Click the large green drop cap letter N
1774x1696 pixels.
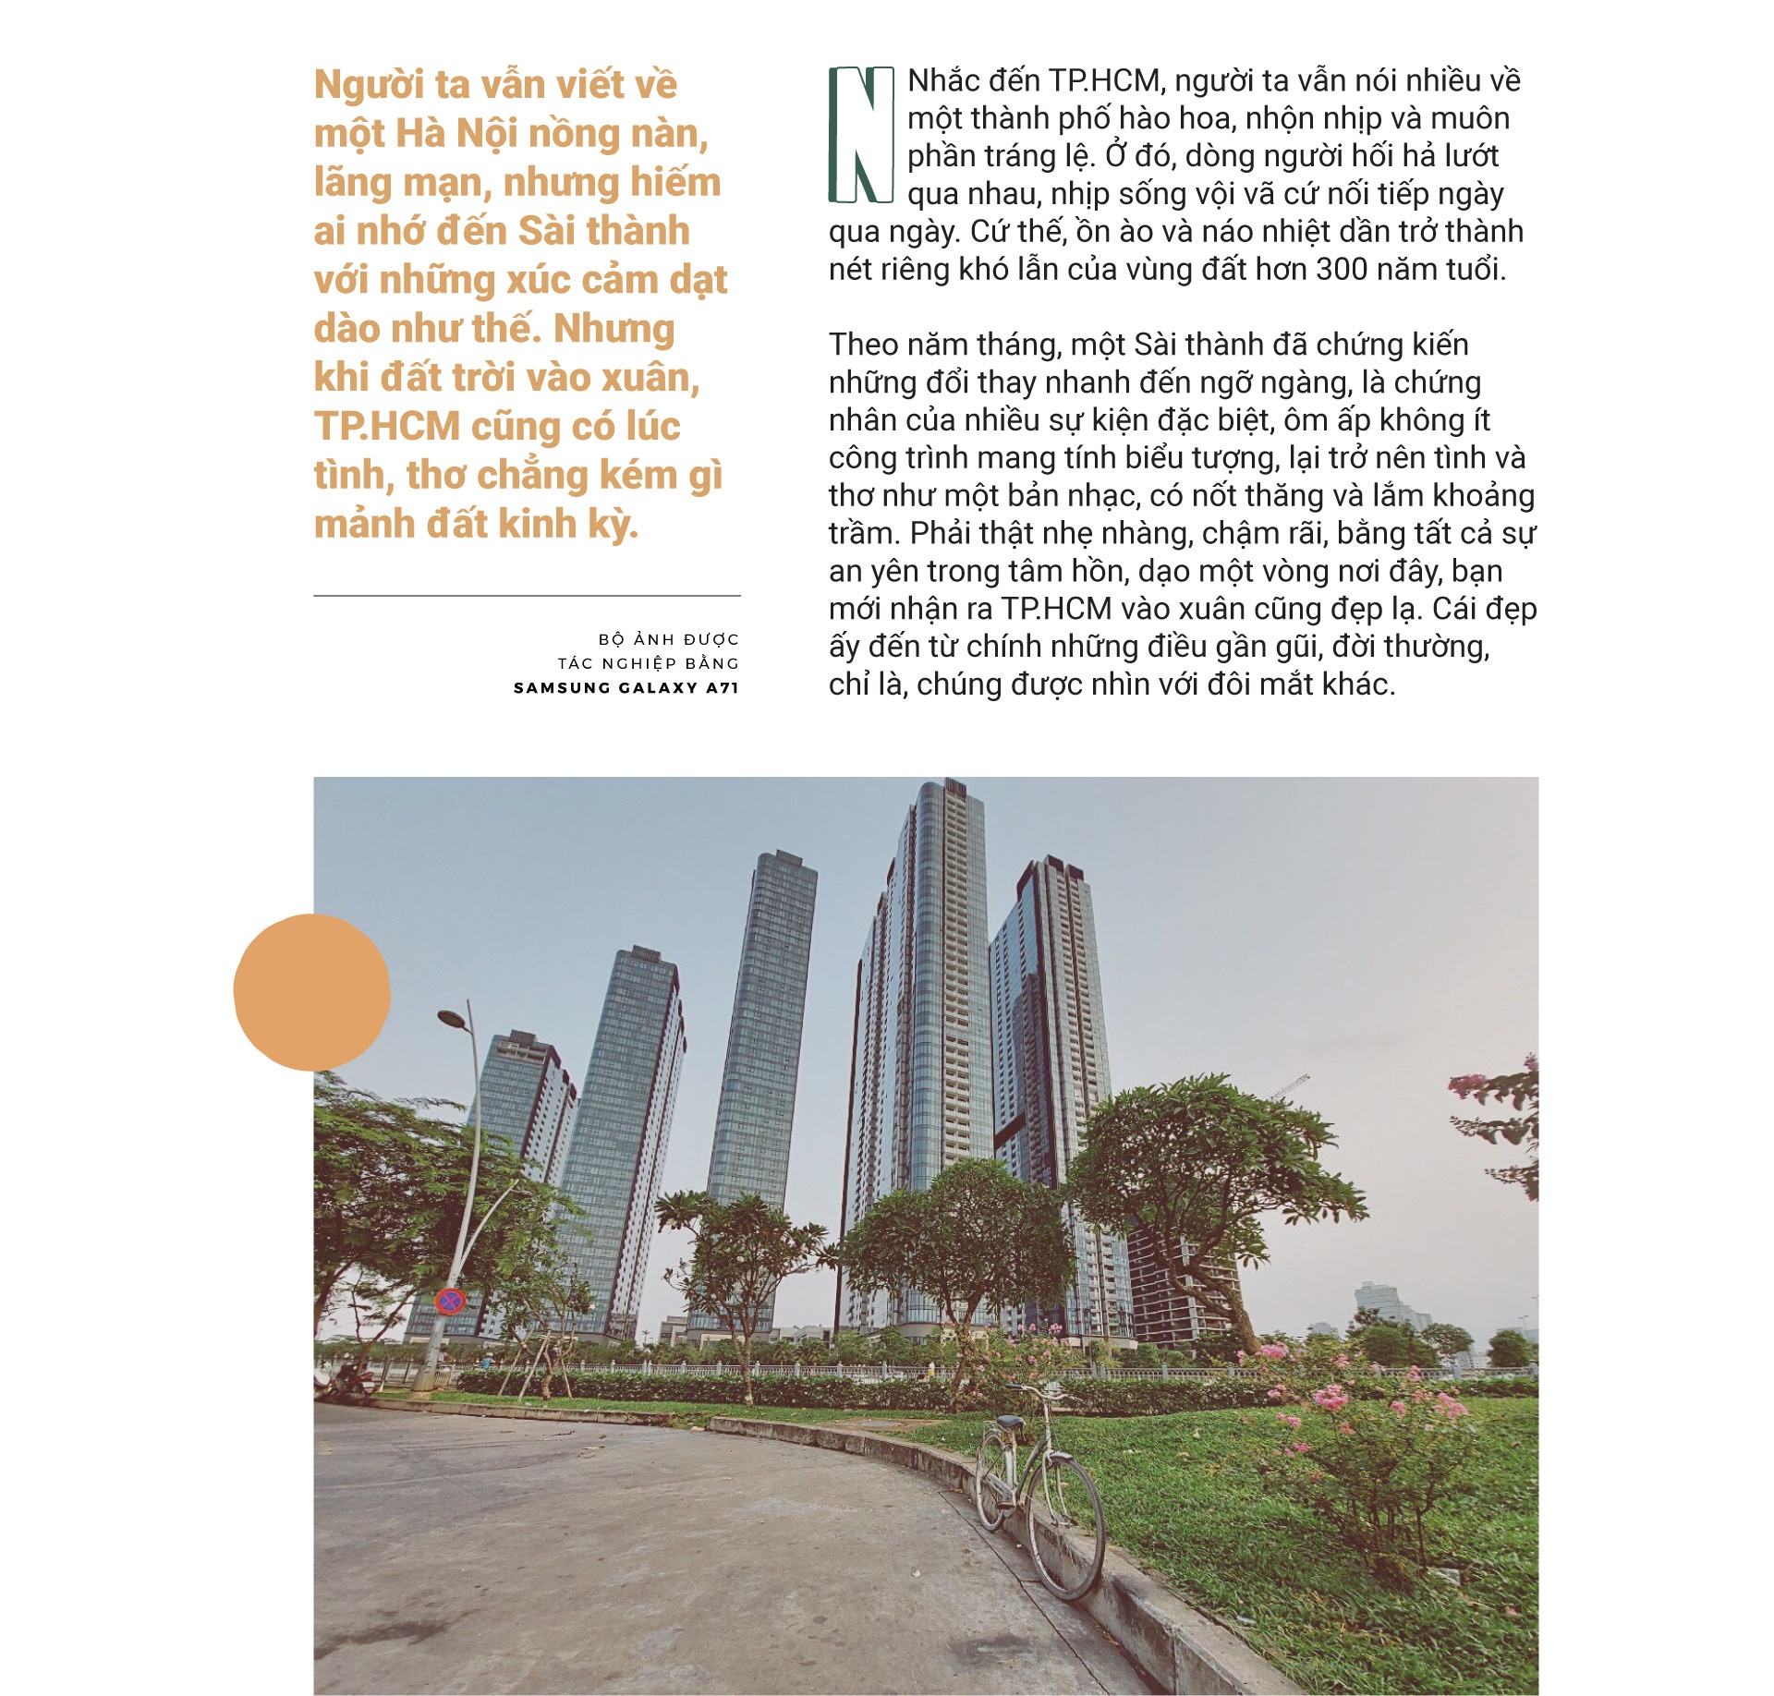860,135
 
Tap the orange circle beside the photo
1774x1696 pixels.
311,992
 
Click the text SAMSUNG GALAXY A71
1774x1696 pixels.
626,687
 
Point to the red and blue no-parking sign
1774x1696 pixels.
449,1302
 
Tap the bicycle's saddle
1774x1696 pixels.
1009,1423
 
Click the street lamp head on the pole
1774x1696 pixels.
453,1020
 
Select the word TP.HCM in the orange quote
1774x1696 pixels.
387,427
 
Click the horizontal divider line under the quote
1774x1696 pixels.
527,596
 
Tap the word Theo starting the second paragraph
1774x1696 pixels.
863,345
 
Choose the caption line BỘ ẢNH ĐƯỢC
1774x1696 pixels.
668,639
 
